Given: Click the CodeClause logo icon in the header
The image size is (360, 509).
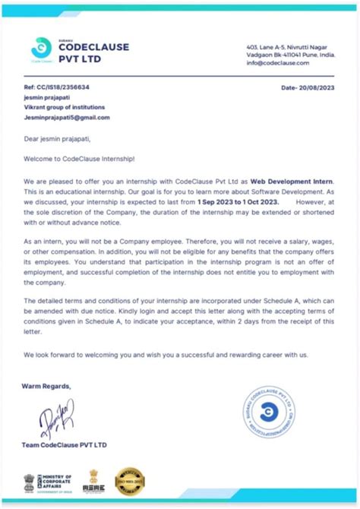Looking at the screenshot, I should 37,49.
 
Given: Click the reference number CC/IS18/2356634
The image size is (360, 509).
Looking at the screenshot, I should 62,88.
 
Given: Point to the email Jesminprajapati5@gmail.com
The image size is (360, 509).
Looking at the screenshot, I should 68,118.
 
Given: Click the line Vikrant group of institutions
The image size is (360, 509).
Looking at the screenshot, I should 65,108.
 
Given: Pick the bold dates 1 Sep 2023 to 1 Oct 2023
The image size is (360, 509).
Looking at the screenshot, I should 237,204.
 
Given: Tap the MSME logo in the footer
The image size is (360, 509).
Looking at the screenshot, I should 95,482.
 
